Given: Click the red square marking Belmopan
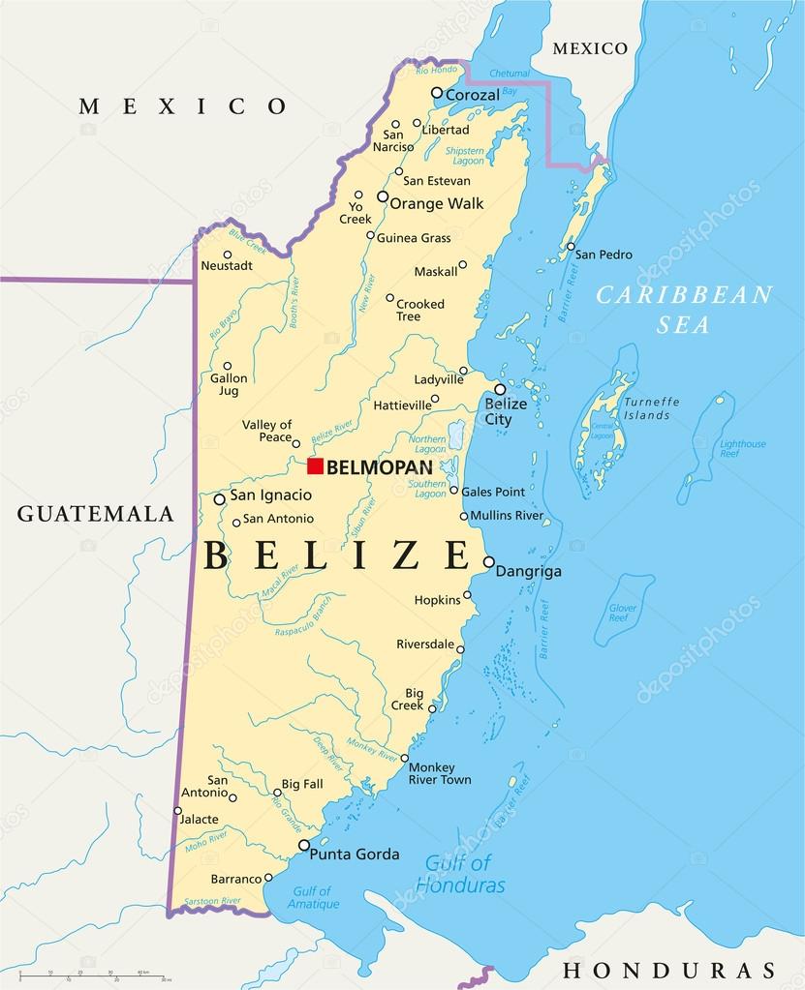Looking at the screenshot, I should pyautogui.click(x=315, y=466).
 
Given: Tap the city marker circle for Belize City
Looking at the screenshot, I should pyautogui.click(x=500, y=389).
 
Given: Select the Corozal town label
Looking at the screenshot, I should pyautogui.click(x=472, y=95).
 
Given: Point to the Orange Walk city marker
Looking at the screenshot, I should pyautogui.click(x=383, y=196).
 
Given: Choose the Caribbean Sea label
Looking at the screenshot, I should pyautogui.click(x=684, y=309).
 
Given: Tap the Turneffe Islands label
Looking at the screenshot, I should pyautogui.click(x=651, y=408).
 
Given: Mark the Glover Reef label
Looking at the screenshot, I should pyautogui.click(x=618, y=612).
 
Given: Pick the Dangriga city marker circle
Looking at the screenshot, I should pyautogui.click(x=489, y=561).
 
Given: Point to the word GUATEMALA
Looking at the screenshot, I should pyautogui.click(x=95, y=514).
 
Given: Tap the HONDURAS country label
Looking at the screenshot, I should pyautogui.click(x=669, y=970).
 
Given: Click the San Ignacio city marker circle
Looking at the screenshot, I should pyautogui.click(x=220, y=499).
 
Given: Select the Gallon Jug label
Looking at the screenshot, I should pyautogui.click(x=229, y=385).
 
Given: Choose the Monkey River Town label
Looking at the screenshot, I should pyautogui.click(x=440, y=773).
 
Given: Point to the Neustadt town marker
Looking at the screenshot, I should pyautogui.click(x=228, y=255).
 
